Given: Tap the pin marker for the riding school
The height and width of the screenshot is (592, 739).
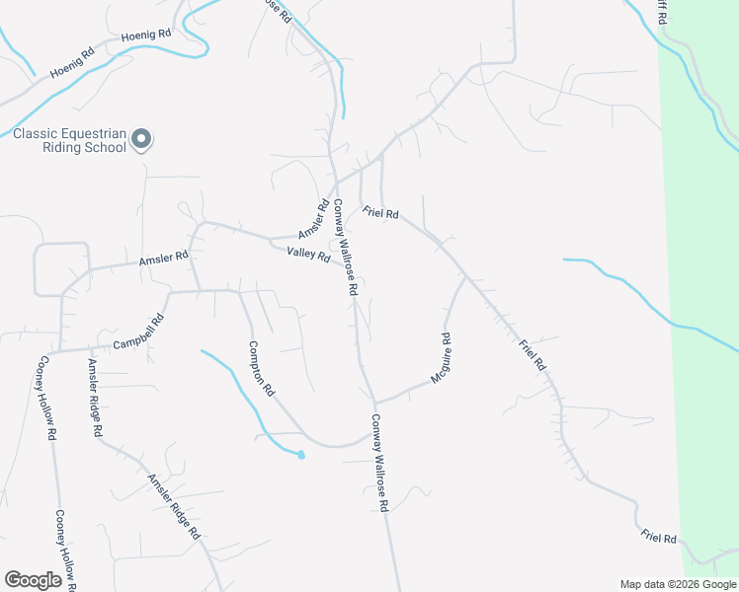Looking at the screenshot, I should [141, 140].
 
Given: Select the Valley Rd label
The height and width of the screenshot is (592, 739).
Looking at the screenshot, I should [307, 255].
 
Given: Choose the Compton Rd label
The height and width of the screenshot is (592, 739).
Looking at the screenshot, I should [261, 369].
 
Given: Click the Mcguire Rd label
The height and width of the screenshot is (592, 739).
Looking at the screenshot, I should [441, 359].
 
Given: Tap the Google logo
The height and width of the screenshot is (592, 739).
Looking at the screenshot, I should [34, 580].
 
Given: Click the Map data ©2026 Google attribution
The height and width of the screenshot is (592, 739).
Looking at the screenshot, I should [678, 584].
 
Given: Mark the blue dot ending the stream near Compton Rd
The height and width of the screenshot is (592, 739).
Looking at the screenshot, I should [301, 455].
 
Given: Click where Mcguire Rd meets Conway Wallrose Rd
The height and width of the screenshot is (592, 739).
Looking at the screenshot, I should [374, 402].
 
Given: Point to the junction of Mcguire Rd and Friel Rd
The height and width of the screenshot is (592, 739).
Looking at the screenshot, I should [466, 277].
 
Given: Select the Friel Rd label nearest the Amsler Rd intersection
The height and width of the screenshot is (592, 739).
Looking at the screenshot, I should [380, 212].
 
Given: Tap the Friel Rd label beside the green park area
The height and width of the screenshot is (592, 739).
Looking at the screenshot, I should [658, 538].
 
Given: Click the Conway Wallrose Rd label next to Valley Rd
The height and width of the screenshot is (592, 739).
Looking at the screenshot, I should [343, 249].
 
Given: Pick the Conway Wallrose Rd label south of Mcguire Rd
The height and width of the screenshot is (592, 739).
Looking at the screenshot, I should [380, 462].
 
